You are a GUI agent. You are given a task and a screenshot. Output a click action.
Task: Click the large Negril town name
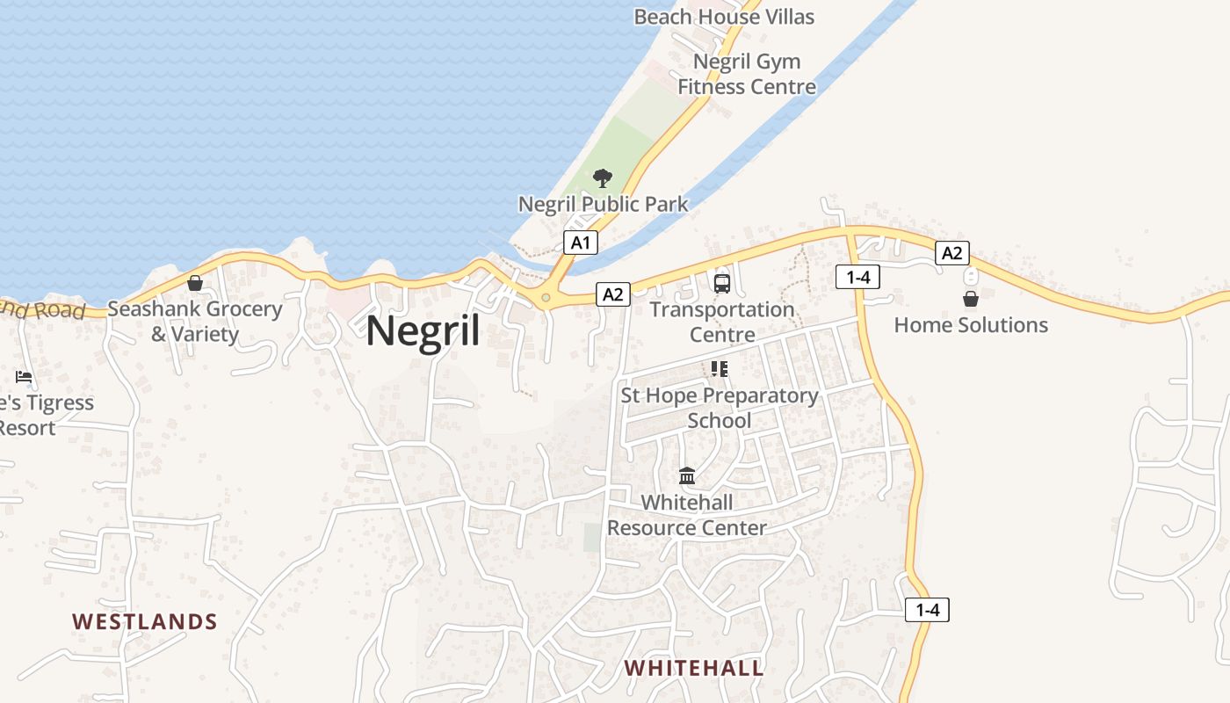pyautogui.click(x=423, y=331)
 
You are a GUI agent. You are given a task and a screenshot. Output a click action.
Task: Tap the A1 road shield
pyautogui.click(x=580, y=243)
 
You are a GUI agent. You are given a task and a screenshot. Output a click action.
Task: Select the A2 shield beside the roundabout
pyautogui.click(x=612, y=294)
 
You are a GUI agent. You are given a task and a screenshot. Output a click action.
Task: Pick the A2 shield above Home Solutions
pyautogui.click(x=951, y=254)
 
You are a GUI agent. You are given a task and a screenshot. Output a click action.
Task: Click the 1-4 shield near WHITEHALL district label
pyautogui.click(x=927, y=610)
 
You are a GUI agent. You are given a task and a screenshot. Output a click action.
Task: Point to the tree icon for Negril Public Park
pyautogui.click(x=602, y=178)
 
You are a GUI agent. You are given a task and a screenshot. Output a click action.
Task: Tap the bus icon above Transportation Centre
pyautogui.click(x=721, y=283)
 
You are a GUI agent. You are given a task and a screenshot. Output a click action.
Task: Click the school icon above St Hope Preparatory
pyautogui.click(x=720, y=369)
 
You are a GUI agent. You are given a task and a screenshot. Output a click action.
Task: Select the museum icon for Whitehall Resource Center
pyautogui.click(x=687, y=476)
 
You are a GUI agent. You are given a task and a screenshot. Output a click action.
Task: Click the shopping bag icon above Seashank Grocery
pyautogui.click(x=195, y=283)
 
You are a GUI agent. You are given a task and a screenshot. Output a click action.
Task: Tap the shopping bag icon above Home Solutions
pyautogui.click(x=970, y=299)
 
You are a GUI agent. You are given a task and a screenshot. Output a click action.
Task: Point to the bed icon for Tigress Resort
pyautogui.click(x=24, y=377)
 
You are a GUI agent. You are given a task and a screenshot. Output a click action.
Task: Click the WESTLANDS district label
pyautogui.click(x=145, y=622)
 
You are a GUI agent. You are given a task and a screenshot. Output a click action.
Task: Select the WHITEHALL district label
pyautogui.click(x=694, y=668)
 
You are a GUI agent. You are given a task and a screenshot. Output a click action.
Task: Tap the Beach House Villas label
pyautogui.click(x=724, y=17)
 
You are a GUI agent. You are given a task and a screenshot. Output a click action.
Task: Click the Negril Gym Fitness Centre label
pyautogui.click(x=747, y=74)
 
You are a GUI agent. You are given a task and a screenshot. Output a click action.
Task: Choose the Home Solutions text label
pyautogui.click(x=971, y=325)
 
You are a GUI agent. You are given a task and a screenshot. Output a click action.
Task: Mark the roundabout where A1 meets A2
pyautogui.click(x=546, y=298)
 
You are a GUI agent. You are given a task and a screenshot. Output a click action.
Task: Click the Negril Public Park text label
pyautogui.click(x=603, y=204)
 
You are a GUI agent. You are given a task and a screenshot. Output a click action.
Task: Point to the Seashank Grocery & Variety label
pyautogui.click(x=195, y=322)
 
